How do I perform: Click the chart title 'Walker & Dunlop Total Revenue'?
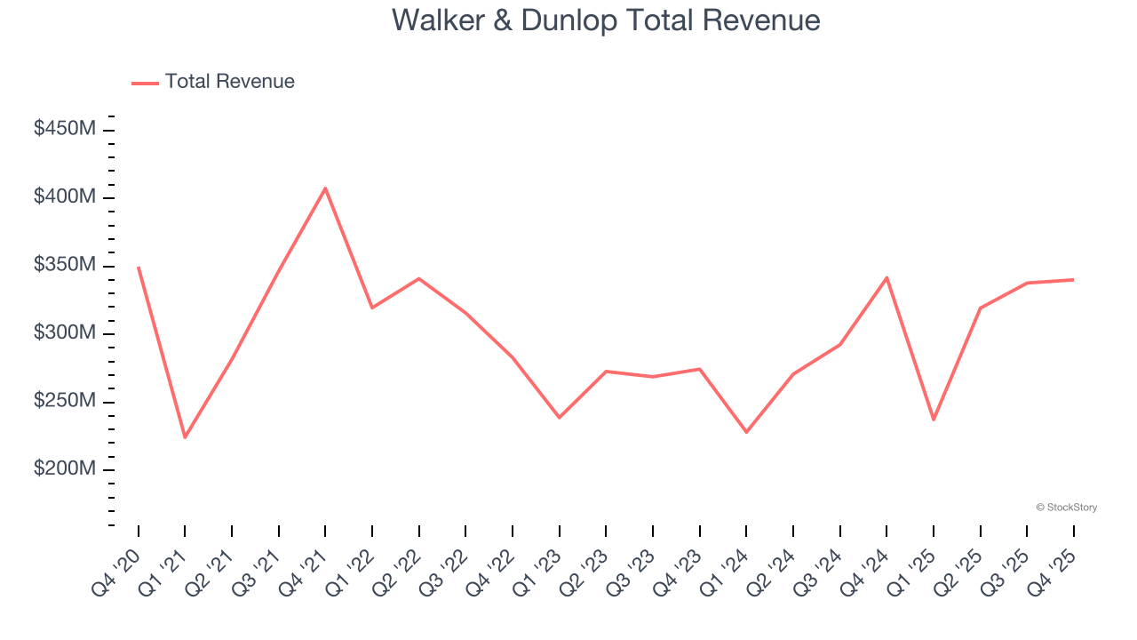pyautogui.click(x=606, y=20)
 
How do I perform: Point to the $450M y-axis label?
pyautogui.click(x=65, y=129)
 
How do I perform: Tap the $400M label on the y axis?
pyautogui.click(x=65, y=196)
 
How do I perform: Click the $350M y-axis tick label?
pyautogui.click(x=65, y=265)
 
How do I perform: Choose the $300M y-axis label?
pyautogui.click(x=65, y=333)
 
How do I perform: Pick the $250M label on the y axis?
pyautogui.click(x=65, y=401)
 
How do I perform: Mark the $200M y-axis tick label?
pyautogui.click(x=65, y=469)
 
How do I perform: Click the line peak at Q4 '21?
pyautogui.click(x=325, y=188)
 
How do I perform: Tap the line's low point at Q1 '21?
pyautogui.click(x=185, y=437)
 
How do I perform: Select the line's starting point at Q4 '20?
pyautogui.click(x=139, y=267)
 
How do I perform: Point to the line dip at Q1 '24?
pyautogui.click(x=746, y=432)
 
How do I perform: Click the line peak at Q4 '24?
pyautogui.click(x=887, y=277)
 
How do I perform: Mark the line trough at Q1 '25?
pyautogui.click(x=934, y=420)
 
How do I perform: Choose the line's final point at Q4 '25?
pyautogui.click(x=1073, y=280)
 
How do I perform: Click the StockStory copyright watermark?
pyautogui.click(x=1066, y=508)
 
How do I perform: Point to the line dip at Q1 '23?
pyautogui.click(x=560, y=417)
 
